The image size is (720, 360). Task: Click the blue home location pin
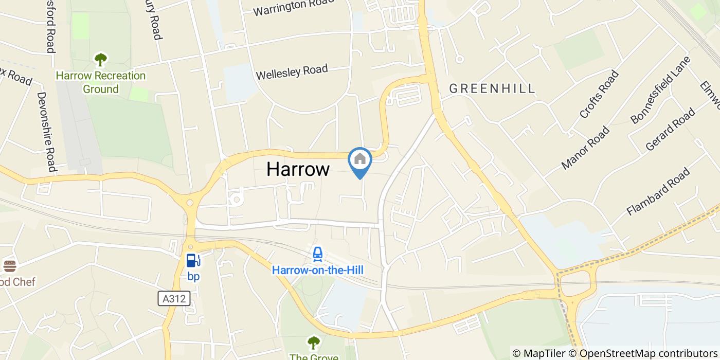[x=360, y=160]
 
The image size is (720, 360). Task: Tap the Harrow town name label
[x=298, y=169]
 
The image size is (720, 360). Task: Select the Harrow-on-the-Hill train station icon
[x=318, y=254]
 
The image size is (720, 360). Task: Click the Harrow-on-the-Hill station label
[x=317, y=270]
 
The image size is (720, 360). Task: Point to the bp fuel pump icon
[x=193, y=261]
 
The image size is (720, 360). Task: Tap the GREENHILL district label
[x=492, y=89]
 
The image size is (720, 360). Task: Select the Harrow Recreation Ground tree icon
[x=100, y=60]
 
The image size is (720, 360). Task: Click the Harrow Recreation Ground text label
[x=101, y=82]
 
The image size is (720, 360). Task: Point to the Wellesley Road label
[x=292, y=72]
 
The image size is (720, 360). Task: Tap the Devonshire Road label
[x=45, y=132]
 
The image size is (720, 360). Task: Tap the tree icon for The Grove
[x=313, y=343]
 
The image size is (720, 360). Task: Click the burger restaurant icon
[x=9, y=266]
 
